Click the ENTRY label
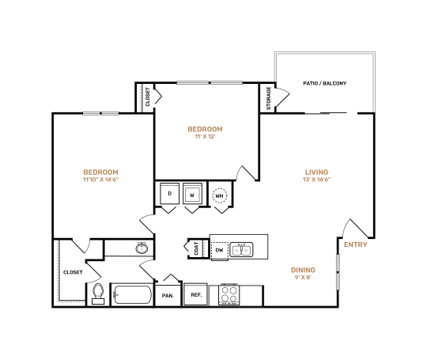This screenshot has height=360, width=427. point(354,244)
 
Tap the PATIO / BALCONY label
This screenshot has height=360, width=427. point(324,83)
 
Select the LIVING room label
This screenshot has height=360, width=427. point(317,172)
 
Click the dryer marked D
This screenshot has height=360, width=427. point(169,194)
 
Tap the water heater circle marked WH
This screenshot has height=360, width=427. point(219,195)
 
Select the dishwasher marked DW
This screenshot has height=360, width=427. point(220,249)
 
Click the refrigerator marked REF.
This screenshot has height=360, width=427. point(195,294)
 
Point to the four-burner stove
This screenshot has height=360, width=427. point(229,294)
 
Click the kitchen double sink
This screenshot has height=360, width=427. point(242,249)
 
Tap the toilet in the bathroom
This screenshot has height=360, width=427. point(97,293)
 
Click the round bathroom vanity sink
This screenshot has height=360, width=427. point(142,248)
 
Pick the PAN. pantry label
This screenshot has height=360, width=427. point(168,295)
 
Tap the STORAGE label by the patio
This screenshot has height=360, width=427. point(268,99)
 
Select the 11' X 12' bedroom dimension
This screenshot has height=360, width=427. point(205,137)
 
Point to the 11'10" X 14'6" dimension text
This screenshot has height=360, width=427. point(101,180)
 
